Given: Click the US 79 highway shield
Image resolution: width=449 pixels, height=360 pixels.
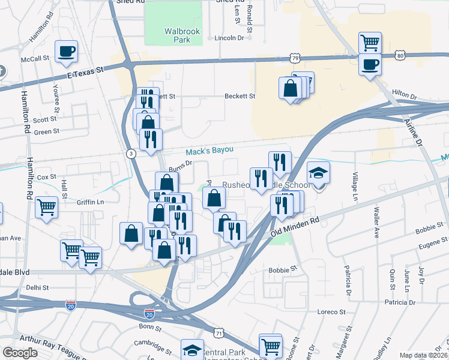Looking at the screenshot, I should (x=294, y=58).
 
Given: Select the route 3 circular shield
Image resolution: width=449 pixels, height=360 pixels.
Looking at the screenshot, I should (x=131, y=154).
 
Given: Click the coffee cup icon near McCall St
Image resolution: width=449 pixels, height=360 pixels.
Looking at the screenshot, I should (x=66, y=51).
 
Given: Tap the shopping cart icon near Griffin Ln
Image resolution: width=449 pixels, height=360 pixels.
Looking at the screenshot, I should (x=46, y=208).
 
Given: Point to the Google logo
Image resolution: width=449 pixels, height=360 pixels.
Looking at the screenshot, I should (x=20, y=353).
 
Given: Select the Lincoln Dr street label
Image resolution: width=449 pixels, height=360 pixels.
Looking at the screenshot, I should (x=230, y=38).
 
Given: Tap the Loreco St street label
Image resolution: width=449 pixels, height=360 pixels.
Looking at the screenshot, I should (x=332, y=312).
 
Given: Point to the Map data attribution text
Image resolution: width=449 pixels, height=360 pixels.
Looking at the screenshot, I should (x=423, y=355).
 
